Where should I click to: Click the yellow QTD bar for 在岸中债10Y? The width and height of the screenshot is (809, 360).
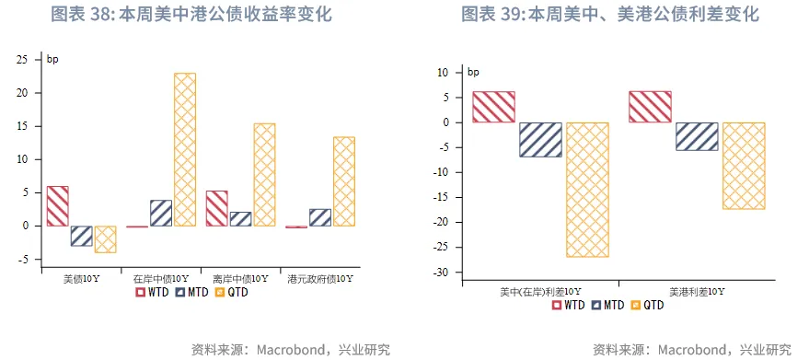coord(185,149)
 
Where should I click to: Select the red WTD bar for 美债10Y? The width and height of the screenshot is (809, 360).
coord(57,206)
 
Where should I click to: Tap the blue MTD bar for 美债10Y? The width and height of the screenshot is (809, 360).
coord(81,236)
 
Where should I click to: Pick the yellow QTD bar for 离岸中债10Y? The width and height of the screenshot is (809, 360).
coord(264,175)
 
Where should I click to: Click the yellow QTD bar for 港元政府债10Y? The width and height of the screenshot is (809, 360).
coord(343,181)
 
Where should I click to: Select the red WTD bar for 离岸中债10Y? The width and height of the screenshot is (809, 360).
coord(216,208)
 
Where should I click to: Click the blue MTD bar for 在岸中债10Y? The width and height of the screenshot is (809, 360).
coord(161,213)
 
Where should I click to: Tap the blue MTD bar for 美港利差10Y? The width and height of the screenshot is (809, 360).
coord(697,136)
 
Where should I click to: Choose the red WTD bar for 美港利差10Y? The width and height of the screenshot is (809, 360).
coord(650,107)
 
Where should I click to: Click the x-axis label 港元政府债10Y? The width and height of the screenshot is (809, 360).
coord(320,278)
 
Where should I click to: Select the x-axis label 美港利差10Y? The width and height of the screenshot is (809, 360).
coord(696,291)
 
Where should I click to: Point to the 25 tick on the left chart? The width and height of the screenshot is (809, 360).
coord(24,60)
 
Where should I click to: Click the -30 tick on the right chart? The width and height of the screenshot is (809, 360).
coord(441,273)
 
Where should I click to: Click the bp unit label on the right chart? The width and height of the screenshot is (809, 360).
coord(473,72)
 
